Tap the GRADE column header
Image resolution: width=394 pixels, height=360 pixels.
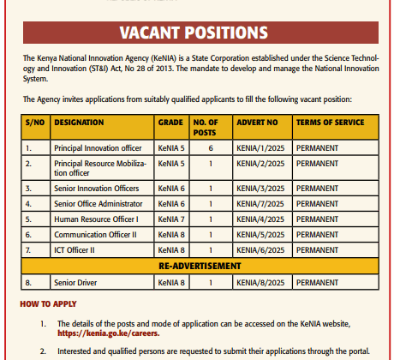click(170, 123)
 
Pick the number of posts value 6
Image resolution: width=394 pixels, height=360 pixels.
click(210, 147)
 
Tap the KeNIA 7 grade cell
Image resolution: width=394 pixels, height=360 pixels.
click(170, 219)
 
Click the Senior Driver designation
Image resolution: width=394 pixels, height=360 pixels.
click(75, 281)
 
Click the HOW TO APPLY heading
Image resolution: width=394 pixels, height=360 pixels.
click(48, 303)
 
